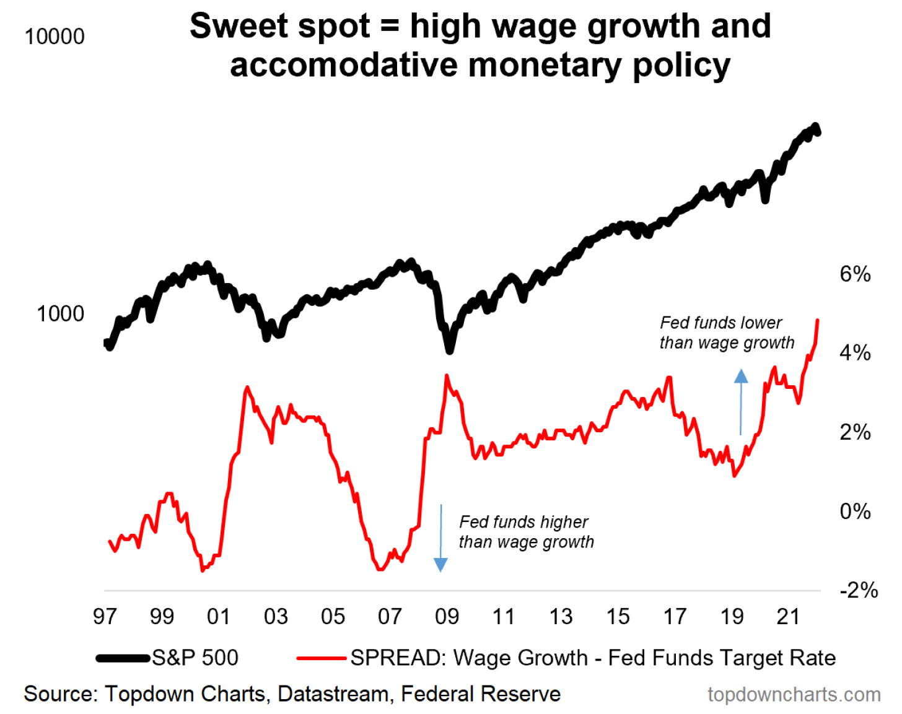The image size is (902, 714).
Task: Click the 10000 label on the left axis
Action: point(55,37)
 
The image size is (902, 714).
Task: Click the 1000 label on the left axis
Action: point(60,313)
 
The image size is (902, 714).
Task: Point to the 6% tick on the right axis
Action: point(855,274)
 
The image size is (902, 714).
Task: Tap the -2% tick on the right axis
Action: point(859,590)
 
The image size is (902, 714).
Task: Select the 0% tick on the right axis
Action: point(855,512)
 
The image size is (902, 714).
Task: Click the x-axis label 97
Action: point(105,617)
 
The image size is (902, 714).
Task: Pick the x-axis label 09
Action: point(447,617)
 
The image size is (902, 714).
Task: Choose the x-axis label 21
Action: point(788,617)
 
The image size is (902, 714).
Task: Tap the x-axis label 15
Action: point(618,617)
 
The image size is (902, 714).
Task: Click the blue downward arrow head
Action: point(440,564)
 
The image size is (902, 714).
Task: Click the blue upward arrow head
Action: point(741,376)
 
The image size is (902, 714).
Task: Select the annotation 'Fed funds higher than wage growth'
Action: point(526,532)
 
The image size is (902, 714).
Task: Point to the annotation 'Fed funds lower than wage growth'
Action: point(726,333)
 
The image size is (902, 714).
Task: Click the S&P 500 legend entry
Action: point(195,658)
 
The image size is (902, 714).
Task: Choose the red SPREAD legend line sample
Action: point(321,658)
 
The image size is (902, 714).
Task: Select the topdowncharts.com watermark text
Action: point(794,695)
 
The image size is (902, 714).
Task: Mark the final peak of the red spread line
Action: point(818,320)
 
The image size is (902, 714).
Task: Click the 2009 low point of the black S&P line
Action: point(450,350)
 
